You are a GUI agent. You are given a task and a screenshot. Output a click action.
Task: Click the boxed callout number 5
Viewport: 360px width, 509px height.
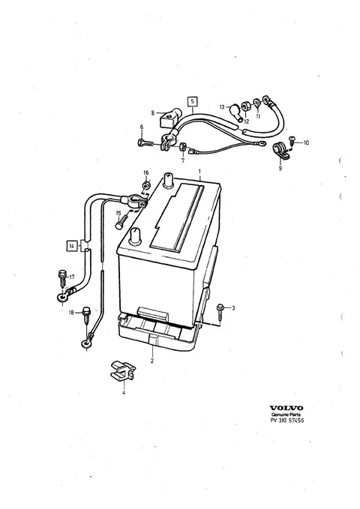tap(192, 102)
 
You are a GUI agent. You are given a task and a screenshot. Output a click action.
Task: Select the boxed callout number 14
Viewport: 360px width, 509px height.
tap(72, 246)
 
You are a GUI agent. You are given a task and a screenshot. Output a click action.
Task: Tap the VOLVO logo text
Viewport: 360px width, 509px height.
tap(286, 408)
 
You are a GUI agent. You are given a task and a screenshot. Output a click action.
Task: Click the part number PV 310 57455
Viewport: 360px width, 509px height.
tap(287, 421)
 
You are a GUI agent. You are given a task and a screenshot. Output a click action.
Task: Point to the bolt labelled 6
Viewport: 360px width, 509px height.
tap(145, 143)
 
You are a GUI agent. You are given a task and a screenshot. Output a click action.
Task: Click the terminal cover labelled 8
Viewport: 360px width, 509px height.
tap(169, 118)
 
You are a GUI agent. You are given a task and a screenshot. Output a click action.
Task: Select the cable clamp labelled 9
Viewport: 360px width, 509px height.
tap(280, 151)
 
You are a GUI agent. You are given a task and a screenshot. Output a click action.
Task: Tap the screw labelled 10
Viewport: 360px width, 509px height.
tap(291, 141)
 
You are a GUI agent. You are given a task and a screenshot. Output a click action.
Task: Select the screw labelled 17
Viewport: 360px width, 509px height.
tap(62, 277)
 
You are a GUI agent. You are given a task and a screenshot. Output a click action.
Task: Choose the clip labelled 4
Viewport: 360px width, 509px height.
tap(123, 370)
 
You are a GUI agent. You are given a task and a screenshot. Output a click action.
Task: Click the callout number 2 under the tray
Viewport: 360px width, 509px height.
tap(151, 361)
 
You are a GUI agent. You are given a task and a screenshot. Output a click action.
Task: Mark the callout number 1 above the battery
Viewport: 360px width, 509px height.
tap(199, 171)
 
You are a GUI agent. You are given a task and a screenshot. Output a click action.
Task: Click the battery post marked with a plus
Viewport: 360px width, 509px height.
tap(169, 179)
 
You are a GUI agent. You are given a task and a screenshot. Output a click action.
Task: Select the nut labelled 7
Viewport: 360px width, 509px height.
tap(182, 146)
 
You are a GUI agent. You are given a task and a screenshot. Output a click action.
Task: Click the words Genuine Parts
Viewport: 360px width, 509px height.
tap(286, 415)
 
